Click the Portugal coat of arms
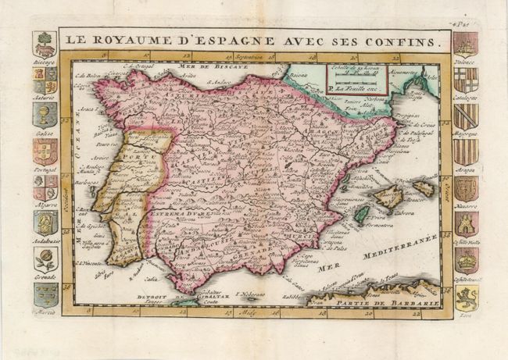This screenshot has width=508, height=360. coord(45,151)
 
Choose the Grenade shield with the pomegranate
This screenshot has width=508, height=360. coord(45,258)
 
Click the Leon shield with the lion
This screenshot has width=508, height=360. coord(466,296)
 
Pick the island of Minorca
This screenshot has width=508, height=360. coord(424,187)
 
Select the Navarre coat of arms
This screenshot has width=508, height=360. coord(466,187)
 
